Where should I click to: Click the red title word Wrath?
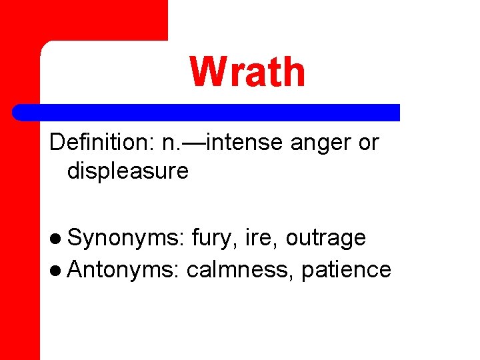click(247, 72)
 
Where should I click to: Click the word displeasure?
click(127, 171)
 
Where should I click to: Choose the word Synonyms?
click(125, 238)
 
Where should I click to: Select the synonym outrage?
click(325, 238)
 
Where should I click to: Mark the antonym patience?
click(346, 269)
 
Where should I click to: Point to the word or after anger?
click(368, 143)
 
